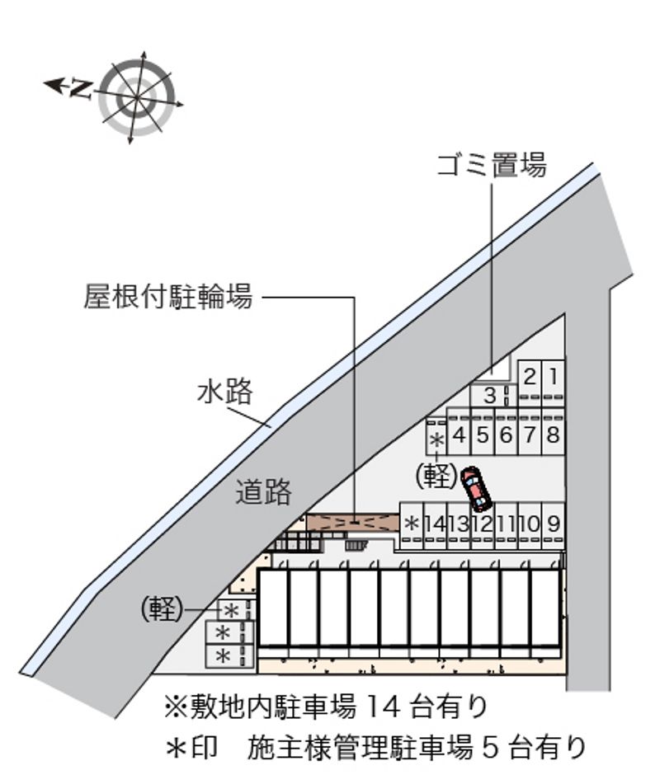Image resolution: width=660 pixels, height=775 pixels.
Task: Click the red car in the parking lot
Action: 475,489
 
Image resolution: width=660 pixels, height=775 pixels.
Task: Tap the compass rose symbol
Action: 137,97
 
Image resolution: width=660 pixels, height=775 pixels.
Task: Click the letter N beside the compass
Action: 80,89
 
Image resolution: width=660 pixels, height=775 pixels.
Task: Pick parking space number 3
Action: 490,396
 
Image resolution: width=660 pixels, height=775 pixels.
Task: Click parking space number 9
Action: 554,525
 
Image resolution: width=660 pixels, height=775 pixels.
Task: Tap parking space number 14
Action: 436,525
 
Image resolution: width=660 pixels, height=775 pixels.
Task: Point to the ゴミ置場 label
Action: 492,165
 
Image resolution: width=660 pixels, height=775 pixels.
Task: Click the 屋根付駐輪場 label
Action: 168,297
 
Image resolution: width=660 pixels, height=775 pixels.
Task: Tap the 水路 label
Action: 225,392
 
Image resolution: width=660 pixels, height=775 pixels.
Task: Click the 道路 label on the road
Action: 263,491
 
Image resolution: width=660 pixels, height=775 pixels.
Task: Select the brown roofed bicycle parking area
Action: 353,523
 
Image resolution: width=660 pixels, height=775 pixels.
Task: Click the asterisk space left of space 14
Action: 412,525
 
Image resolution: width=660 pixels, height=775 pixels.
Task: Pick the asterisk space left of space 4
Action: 436,437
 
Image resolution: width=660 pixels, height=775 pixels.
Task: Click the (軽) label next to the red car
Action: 436,477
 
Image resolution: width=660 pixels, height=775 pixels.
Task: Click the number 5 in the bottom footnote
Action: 490,748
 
